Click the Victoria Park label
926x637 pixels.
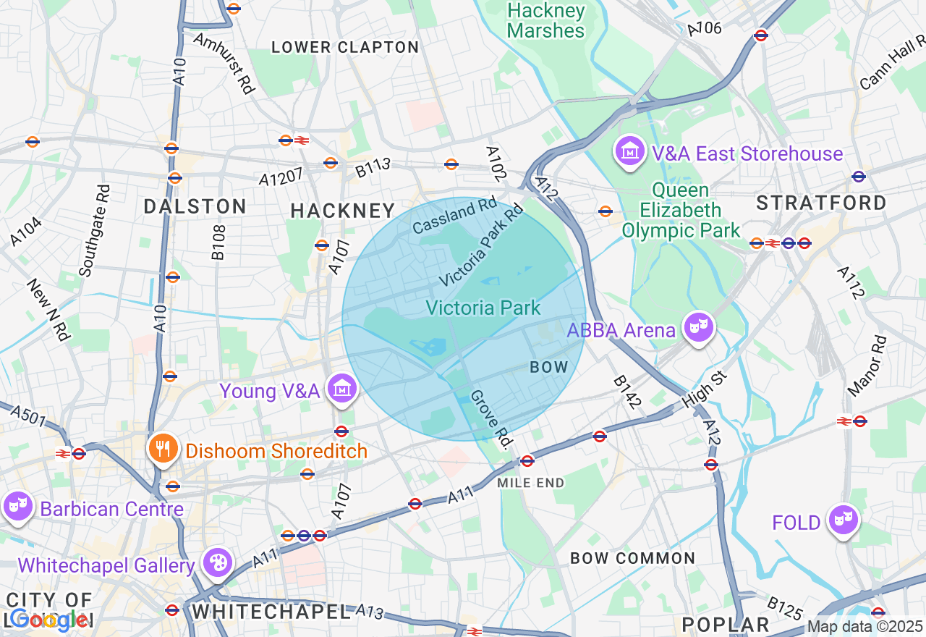483,308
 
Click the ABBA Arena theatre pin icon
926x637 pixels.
698,328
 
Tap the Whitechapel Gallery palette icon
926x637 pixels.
216,563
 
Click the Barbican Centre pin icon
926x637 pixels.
17,507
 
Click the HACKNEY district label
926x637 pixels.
343,211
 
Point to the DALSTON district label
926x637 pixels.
195,206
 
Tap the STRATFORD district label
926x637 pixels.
821,203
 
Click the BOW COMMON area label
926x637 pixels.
633,558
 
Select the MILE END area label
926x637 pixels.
531,483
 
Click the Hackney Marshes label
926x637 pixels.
545,21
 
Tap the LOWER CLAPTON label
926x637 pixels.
345,48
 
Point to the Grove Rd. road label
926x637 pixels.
491,418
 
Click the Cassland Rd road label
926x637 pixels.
455,216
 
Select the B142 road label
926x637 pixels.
627,392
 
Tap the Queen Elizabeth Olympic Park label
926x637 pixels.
681,211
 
